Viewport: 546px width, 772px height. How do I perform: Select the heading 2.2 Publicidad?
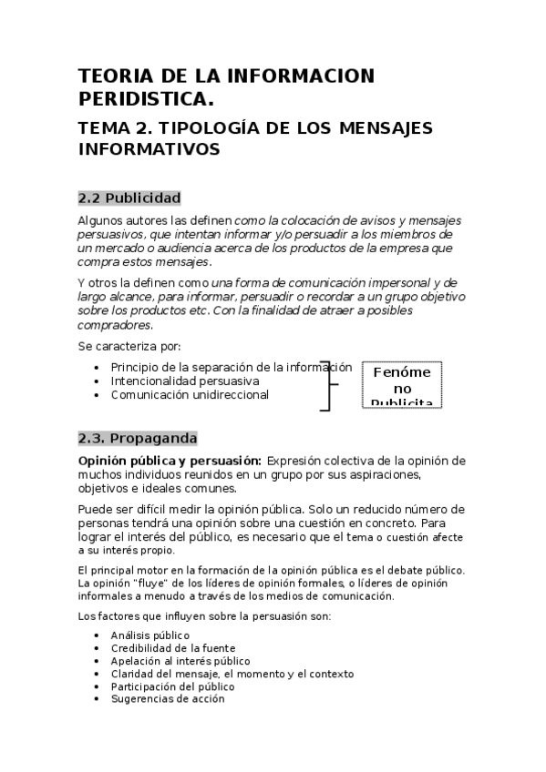129,198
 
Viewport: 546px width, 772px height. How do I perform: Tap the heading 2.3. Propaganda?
137,438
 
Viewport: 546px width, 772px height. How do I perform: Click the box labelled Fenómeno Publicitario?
401,385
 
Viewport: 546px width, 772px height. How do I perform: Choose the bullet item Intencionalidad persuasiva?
184,381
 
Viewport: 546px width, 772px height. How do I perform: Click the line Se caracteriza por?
129,346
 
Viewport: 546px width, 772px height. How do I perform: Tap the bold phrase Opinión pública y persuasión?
170,461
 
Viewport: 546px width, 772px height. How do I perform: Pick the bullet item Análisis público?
149,635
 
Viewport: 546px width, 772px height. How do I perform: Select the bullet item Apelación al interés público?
180,660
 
